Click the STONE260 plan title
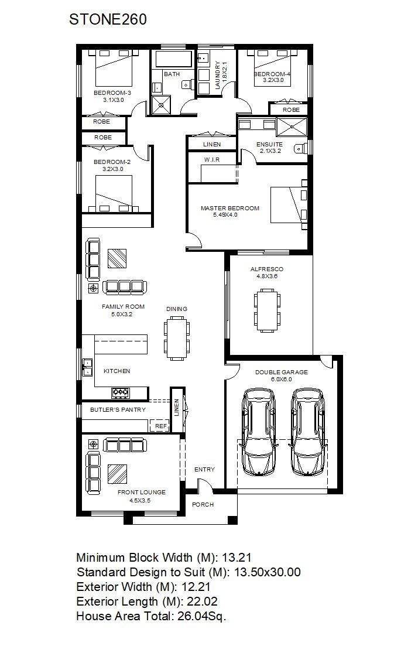(x=108, y=19)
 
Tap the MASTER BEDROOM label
(x=230, y=208)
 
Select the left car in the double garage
(x=259, y=432)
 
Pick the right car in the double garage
(x=307, y=432)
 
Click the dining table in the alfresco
(x=267, y=310)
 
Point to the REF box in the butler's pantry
(x=161, y=426)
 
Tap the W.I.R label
(x=212, y=159)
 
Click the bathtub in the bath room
(x=174, y=59)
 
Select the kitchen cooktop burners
(x=121, y=392)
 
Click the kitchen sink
(x=87, y=367)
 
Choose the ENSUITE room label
(x=269, y=144)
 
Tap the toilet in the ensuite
(x=301, y=148)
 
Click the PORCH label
(x=203, y=504)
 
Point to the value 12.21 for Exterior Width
(x=196, y=587)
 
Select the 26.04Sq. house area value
(x=202, y=616)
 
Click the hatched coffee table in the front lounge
(x=117, y=474)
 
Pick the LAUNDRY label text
(x=217, y=75)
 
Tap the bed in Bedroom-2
(x=114, y=194)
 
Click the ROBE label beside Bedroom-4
(x=291, y=110)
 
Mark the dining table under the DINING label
(x=177, y=338)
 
